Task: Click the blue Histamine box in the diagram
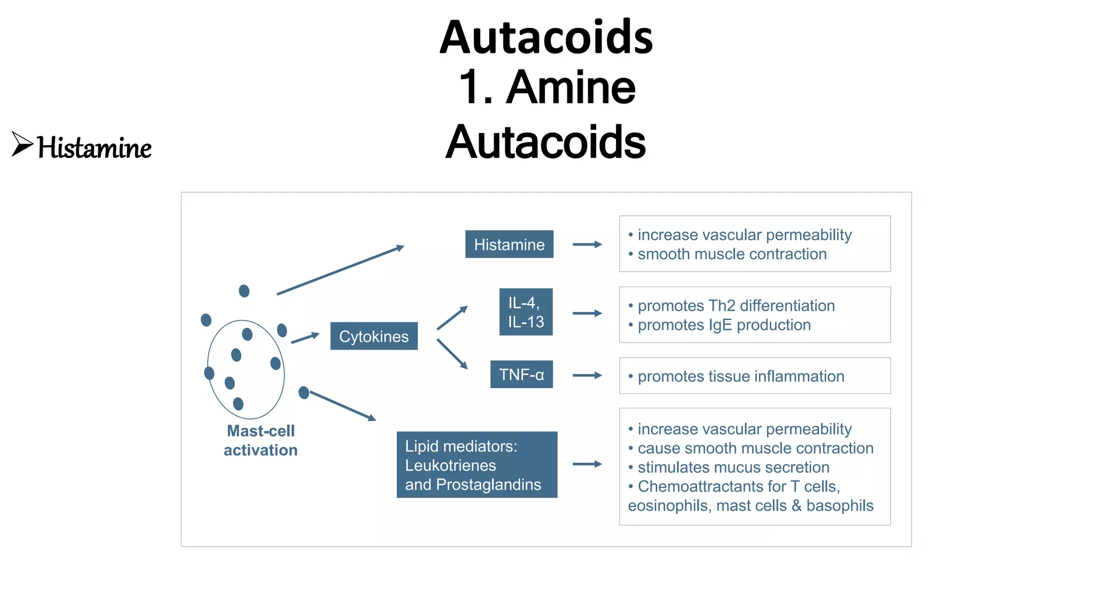(509, 245)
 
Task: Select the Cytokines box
(374, 336)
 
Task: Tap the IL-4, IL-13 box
(526, 312)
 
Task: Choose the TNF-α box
(521, 375)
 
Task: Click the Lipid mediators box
(477, 465)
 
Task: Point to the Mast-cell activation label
(260, 440)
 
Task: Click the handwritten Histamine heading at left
(94, 148)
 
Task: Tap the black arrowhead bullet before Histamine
(22, 144)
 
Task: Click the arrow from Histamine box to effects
(587, 245)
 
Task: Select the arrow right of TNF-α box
(587, 375)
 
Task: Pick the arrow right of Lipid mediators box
(587, 464)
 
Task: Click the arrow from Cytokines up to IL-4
(452, 318)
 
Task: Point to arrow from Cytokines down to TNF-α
(452, 353)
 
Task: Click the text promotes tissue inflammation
(741, 376)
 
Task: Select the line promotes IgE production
(724, 325)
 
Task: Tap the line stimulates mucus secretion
(733, 468)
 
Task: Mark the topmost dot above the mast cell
(244, 291)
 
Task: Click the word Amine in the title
(571, 88)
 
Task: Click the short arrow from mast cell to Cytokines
(305, 338)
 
